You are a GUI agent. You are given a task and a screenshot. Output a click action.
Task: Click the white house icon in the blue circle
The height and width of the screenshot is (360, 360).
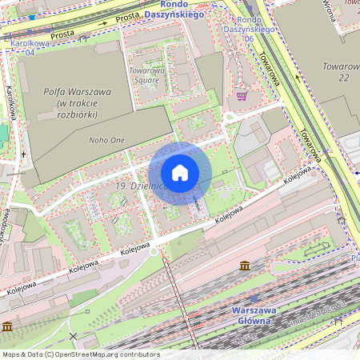[x=180, y=173]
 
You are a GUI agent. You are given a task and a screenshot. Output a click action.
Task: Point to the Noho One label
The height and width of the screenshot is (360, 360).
[x=106, y=140]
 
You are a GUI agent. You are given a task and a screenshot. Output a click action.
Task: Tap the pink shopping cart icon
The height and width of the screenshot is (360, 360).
[x=242, y=96]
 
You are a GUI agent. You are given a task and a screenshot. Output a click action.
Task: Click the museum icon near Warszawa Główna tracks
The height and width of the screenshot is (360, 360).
[x=244, y=265]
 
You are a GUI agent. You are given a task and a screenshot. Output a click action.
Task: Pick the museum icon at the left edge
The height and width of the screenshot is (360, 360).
[x=7, y=326]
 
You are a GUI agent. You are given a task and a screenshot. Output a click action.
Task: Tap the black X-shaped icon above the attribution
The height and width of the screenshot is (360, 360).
[x=74, y=337]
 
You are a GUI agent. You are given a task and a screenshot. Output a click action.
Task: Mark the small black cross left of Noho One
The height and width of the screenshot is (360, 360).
[x=23, y=154]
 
